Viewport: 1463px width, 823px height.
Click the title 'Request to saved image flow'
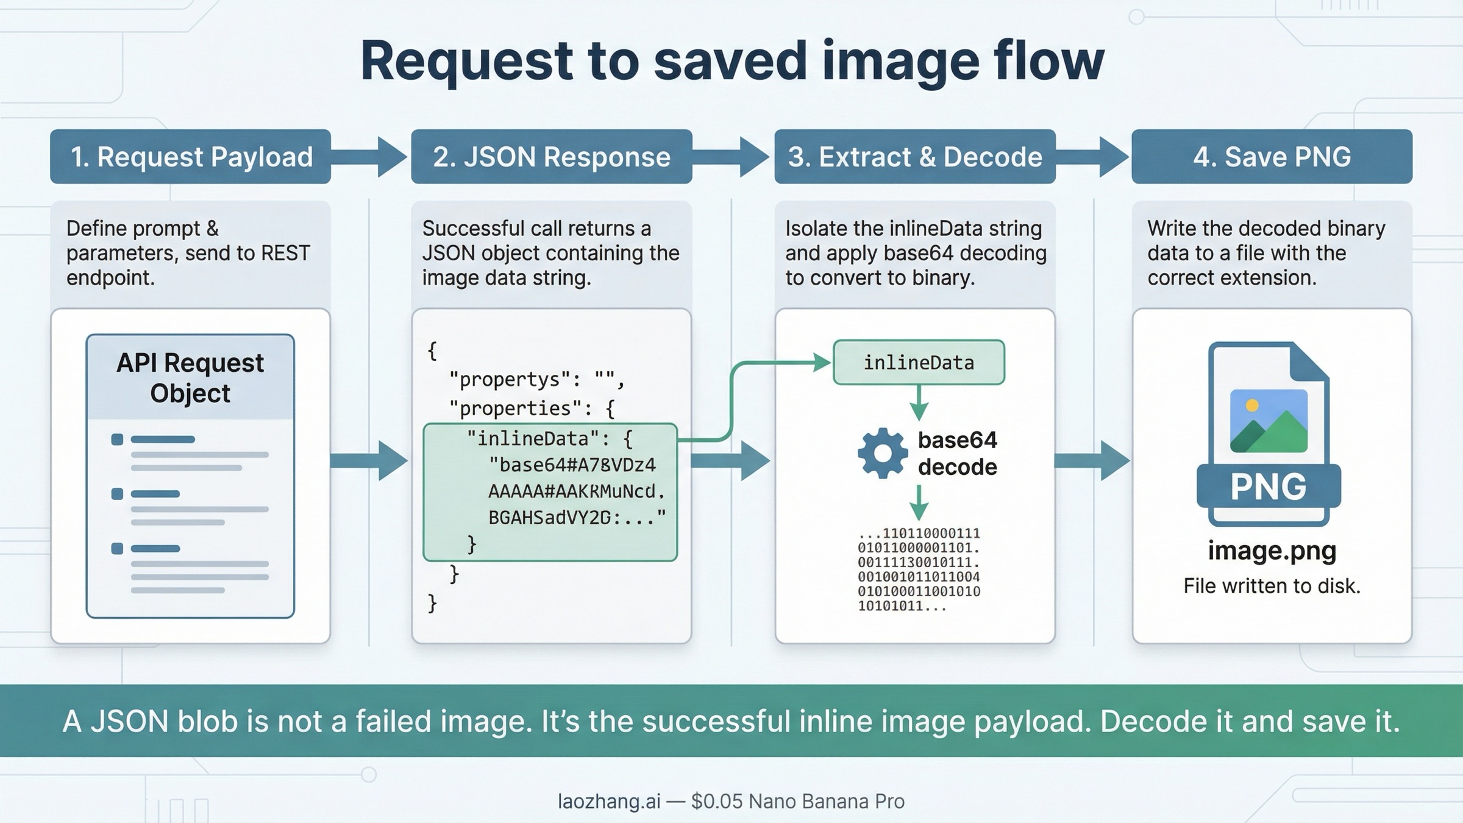731,61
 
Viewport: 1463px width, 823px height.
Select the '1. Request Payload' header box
190,157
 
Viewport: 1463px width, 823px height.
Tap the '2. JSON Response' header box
551,157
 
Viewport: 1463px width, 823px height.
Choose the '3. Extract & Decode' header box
914,157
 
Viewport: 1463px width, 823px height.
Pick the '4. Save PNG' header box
1272,157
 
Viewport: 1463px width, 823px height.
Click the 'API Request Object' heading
190,378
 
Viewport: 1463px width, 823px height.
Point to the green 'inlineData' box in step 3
919,363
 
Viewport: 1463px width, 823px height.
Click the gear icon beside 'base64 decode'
882,453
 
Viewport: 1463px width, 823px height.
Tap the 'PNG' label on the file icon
1269,486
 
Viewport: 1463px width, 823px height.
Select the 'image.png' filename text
1272,550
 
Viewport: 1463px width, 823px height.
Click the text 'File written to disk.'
1272,586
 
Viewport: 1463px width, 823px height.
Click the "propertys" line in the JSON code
536,380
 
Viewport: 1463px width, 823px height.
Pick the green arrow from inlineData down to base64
919,403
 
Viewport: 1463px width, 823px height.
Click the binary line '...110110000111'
919,533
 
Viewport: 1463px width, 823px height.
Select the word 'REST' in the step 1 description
285,253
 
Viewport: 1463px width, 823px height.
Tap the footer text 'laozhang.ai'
608,801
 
